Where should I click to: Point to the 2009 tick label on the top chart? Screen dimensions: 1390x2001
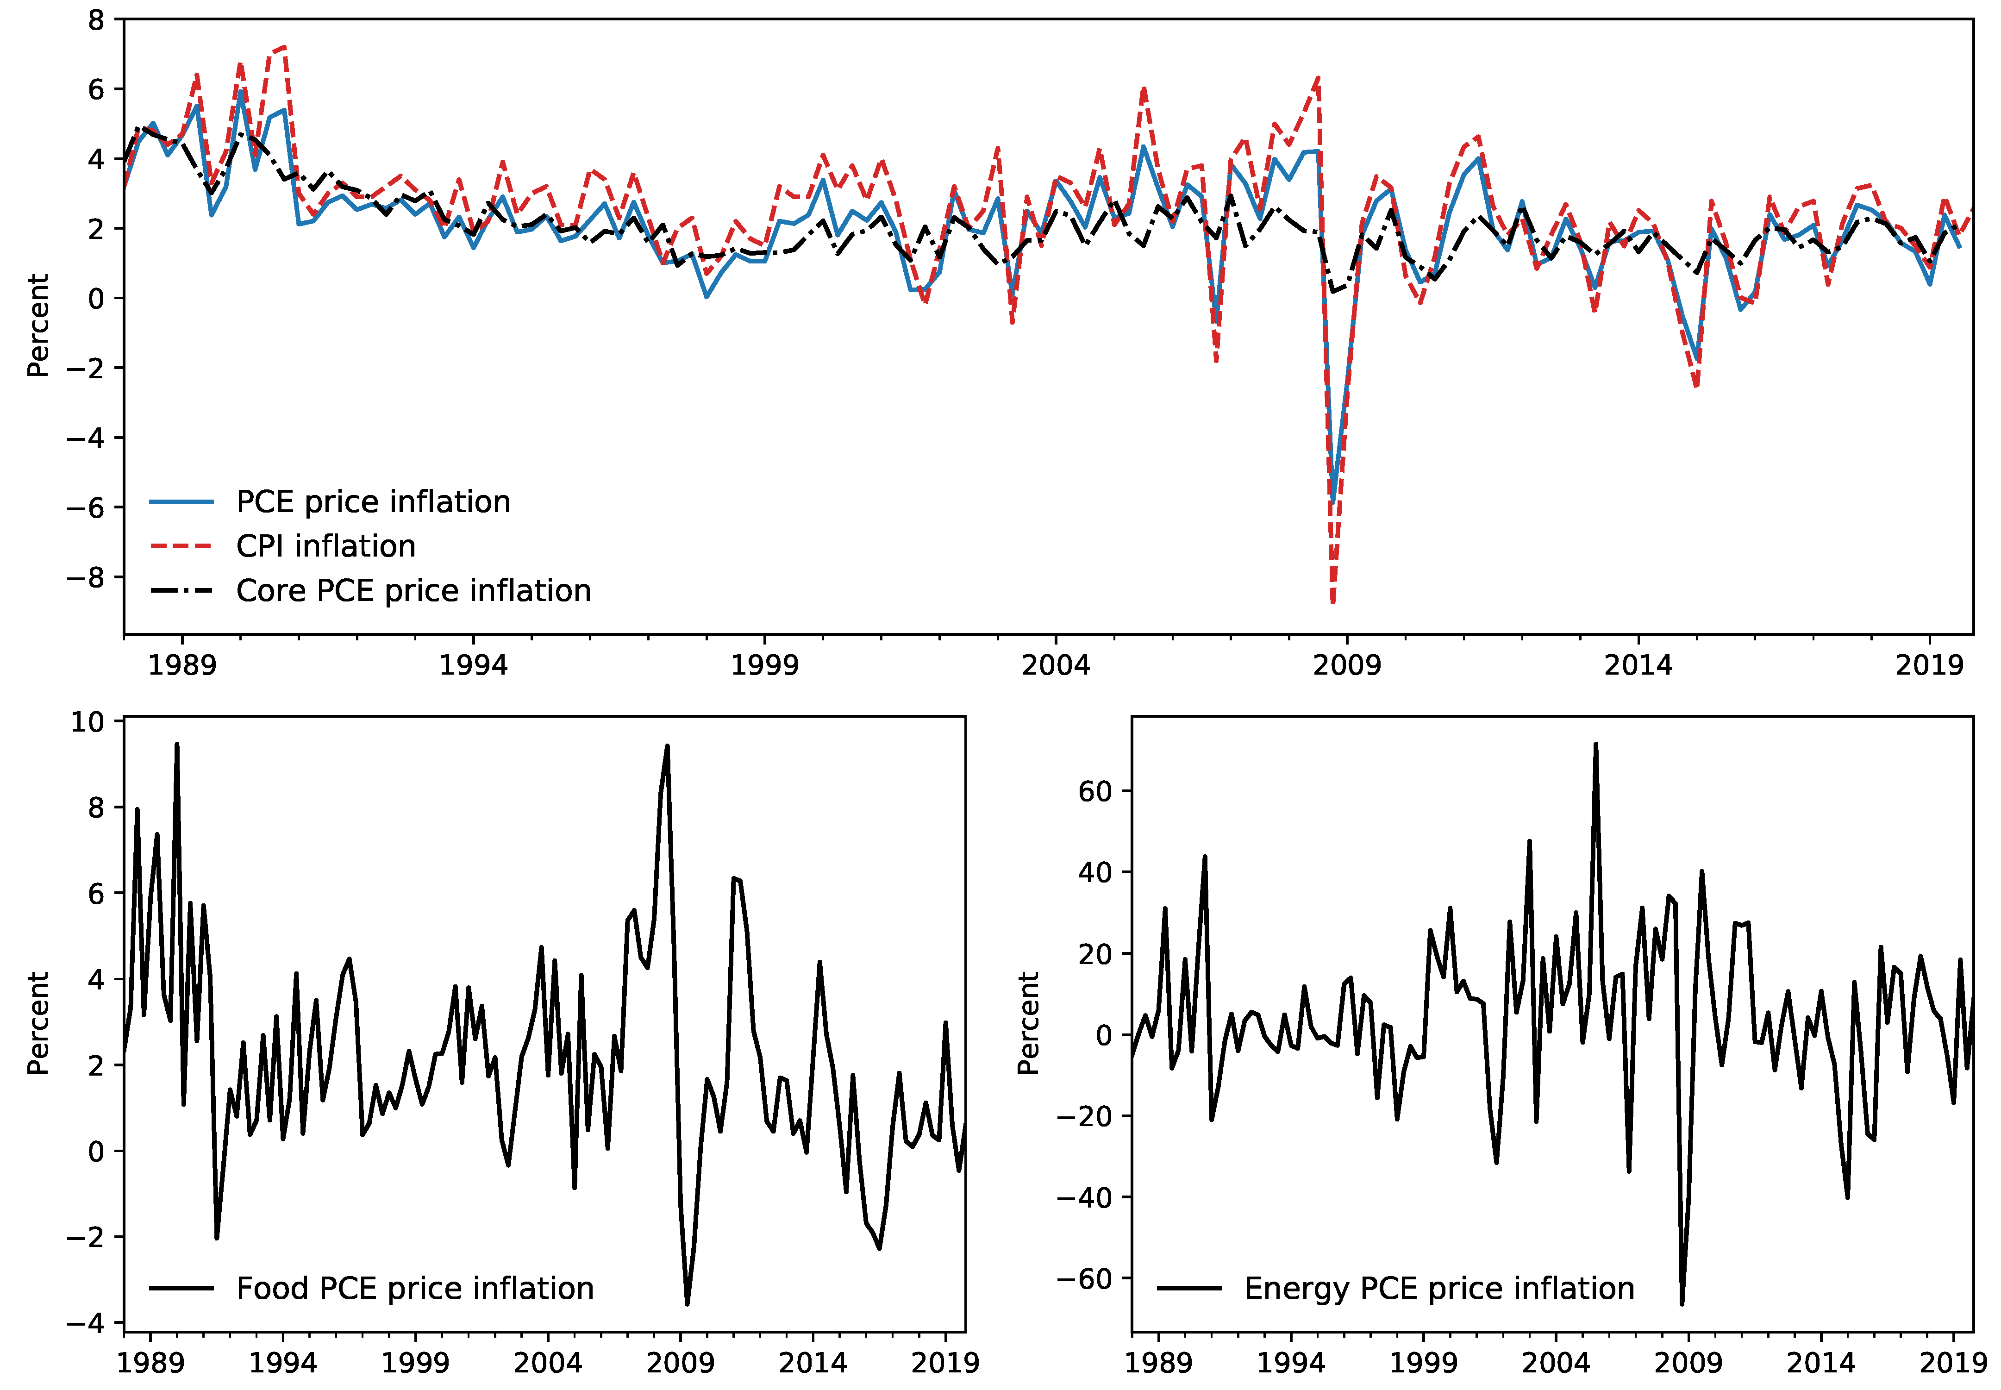tap(1346, 665)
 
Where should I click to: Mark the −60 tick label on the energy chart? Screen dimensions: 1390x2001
tap(1084, 1278)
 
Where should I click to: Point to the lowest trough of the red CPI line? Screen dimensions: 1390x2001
tap(1333, 601)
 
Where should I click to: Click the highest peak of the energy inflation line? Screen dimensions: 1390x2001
tap(1595, 745)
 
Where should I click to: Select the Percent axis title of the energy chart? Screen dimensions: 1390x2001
tap(1028, 1023)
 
